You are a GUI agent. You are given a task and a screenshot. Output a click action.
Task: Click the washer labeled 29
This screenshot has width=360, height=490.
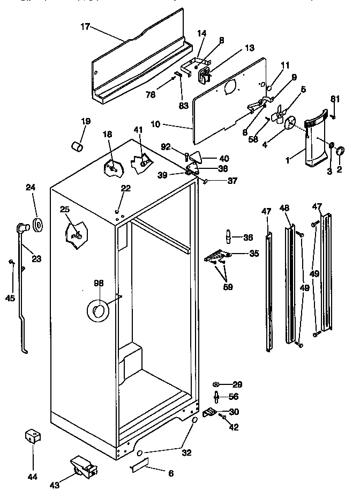(217, 384)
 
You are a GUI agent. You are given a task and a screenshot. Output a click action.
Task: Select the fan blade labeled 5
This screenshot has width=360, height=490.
(279, 114)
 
